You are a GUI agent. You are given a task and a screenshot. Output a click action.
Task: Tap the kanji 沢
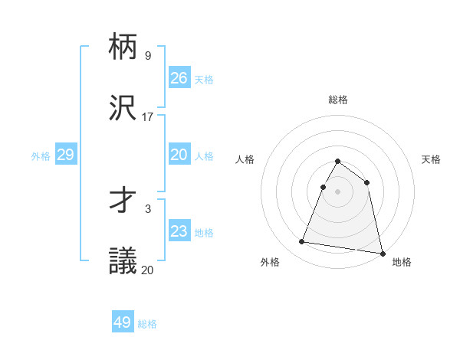pos(123,107)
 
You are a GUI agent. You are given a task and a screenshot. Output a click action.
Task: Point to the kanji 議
pos(123,260)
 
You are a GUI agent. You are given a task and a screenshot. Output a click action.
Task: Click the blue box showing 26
pos(179,77)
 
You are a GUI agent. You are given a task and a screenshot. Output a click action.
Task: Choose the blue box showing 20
pos(179,155)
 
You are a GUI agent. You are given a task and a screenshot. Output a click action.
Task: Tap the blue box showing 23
pos(179,231)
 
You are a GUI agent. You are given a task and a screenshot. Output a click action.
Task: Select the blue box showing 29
pos(66,155)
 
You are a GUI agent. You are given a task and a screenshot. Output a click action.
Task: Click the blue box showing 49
pos(123,322)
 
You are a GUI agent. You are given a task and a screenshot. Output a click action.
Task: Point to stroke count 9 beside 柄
pos(148,56)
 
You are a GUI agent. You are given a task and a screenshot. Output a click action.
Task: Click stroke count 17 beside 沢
pos(148,116)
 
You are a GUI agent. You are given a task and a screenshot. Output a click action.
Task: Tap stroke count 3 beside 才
pos(148,208)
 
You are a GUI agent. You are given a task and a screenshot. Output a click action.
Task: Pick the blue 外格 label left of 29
pos(41,155)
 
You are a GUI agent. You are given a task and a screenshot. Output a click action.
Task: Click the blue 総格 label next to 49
pos(147,324)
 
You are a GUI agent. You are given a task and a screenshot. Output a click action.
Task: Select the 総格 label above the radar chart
pos(338,100)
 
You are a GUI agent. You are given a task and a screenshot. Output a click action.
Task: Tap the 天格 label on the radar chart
pos(431,159)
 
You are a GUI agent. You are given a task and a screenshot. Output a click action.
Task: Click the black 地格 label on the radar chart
pos(402,262)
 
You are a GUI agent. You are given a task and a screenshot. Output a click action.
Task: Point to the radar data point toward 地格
pos(382,253)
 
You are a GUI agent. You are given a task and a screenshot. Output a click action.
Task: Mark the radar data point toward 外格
pos(302,242)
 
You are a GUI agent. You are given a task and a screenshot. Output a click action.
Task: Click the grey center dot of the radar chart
pos(338,191)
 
